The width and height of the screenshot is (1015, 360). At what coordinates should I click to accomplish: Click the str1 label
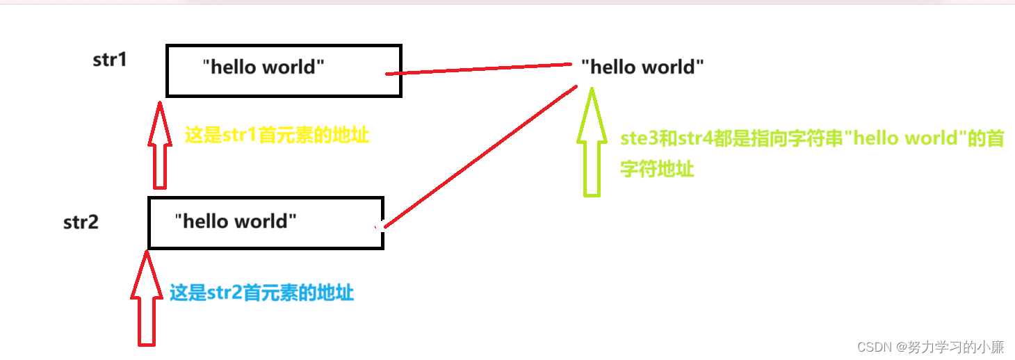[x=110, y=60]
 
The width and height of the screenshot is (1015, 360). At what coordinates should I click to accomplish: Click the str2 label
[x=81, y=222]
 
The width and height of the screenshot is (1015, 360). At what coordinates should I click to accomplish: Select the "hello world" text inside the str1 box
[x=263, y=67]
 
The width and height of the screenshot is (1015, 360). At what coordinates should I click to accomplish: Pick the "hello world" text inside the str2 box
[x=236, y=222]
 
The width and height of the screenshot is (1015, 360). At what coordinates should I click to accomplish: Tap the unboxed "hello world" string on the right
[x=642, y=67]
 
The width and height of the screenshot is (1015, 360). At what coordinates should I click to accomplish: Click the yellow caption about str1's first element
[x=277, y=136]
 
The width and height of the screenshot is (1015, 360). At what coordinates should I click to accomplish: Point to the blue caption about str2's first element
[x=262, y=293]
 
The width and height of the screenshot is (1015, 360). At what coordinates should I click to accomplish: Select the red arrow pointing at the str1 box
[x=160, y=146]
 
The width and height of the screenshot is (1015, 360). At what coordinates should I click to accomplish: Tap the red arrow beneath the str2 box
[x=146, y=299]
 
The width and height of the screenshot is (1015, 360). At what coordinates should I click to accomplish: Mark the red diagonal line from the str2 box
[x=480, y=156]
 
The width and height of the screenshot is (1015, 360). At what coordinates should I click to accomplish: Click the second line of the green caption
[x=657, y=169]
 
